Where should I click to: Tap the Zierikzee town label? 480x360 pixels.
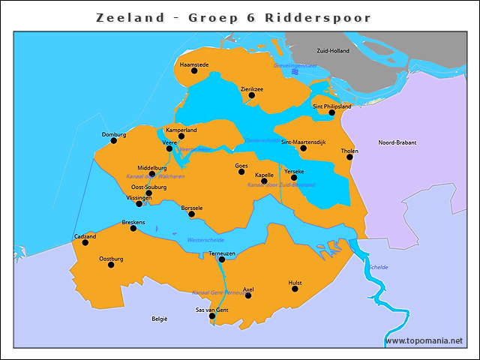(251, 89)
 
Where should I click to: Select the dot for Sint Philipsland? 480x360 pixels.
(331, 113)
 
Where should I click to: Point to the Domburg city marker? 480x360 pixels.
(113, 140)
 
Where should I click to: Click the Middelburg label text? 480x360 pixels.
(151, 168)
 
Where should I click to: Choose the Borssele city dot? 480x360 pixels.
(191, 214)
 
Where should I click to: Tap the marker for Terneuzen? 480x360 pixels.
(221, 260)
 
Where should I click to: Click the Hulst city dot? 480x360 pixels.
(295, 289)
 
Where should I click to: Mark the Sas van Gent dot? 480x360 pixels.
(211, 316)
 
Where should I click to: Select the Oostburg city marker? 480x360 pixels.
(111, 265)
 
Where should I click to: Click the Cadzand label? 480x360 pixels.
(85, 236)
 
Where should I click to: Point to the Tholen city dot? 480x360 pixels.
(349, 157)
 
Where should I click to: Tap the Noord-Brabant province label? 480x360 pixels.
(397, 142)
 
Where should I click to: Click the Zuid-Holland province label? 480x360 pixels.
(333, 51)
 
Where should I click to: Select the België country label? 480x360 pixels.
(160, 319)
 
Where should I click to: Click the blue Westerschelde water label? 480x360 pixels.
(205, 240)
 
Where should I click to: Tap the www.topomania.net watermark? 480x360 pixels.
(424, 340)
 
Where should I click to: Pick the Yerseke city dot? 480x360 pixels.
(294, 178)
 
